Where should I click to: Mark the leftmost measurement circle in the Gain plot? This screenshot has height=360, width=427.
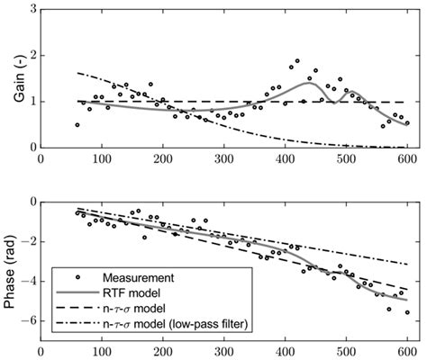77,125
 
